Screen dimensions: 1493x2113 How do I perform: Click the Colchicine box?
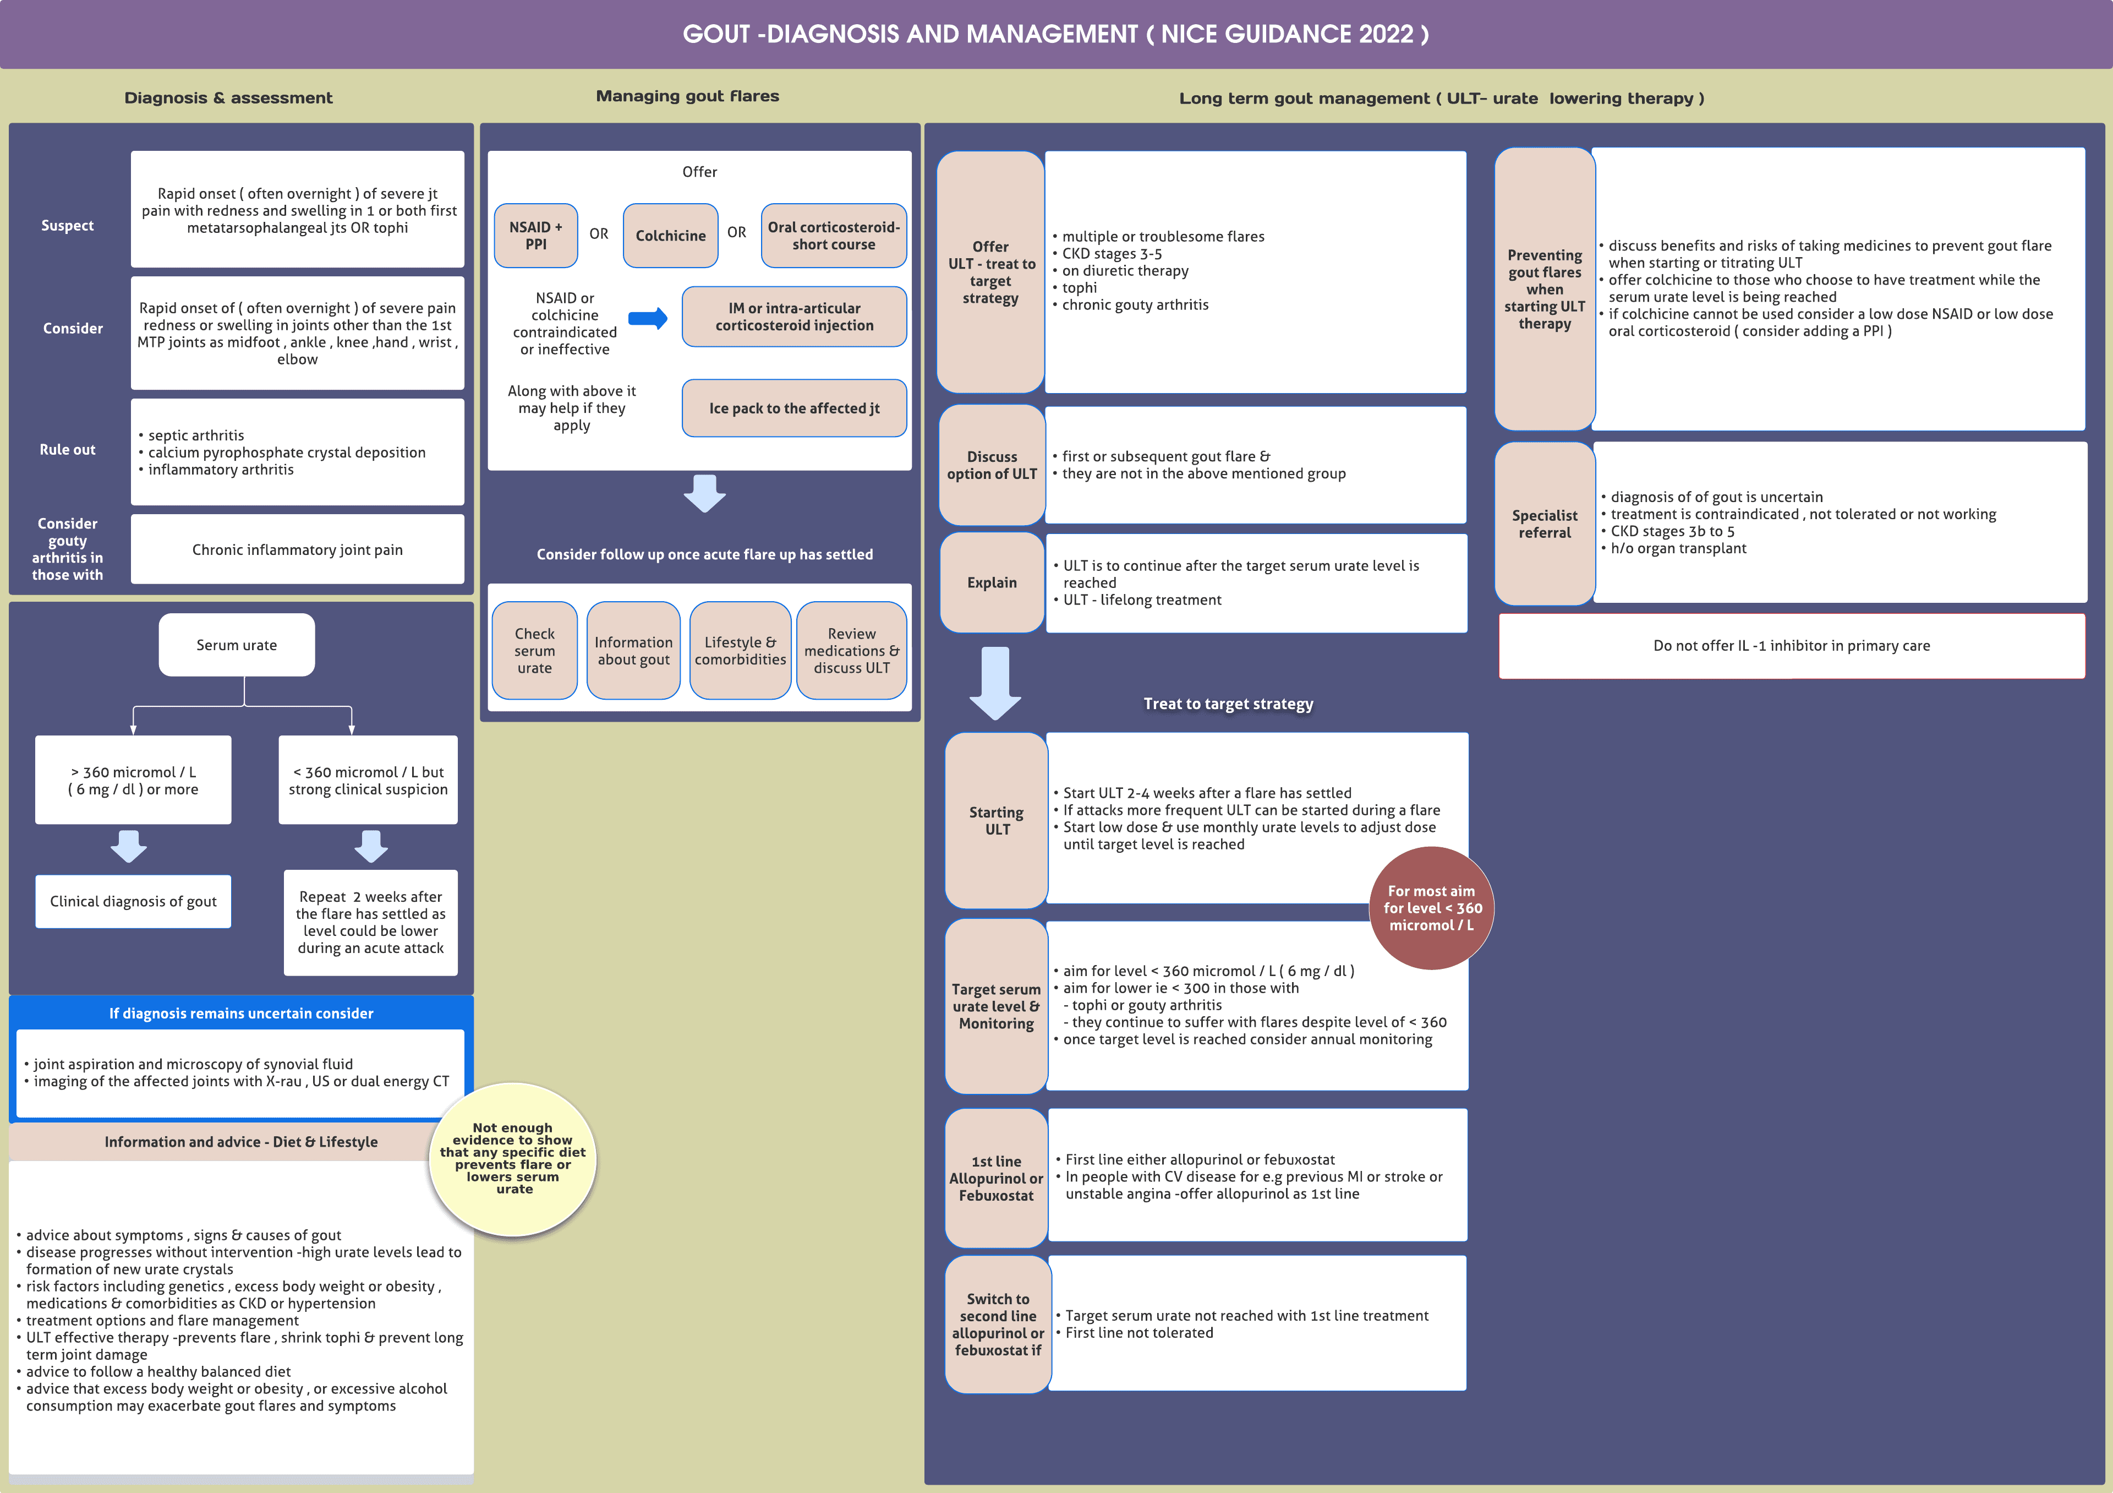coord(670,236)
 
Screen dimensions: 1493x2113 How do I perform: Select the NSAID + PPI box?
coord(535,236)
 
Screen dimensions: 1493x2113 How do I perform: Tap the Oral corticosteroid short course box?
coord(833,236)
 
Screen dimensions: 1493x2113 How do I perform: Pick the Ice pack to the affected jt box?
coord(793,408)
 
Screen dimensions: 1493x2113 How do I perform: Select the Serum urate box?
coord(237,645)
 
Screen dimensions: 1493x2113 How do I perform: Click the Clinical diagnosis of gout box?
coord(134,901)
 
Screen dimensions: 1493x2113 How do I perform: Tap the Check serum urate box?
coord(535,651)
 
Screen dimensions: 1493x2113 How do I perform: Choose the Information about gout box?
coord(633,651)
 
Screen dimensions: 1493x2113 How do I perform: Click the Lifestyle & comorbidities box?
coord(740,651)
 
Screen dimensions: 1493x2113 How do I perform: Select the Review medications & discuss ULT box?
coord(851,651)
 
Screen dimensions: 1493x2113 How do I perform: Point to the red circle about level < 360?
coord(1431,908)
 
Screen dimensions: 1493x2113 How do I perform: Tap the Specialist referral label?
coord(1544,524)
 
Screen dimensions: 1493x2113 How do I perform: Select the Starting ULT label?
coord(997,820)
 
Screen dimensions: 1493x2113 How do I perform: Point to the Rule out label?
coord(67,449)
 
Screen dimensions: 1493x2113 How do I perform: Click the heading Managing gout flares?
coord(687,96)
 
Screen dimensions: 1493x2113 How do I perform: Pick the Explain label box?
coord(992,582)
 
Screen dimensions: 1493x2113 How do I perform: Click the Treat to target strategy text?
coord(1228,704)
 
